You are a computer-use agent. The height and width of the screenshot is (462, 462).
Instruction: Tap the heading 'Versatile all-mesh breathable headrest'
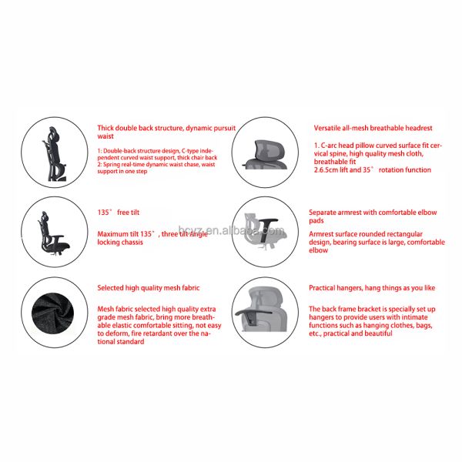click(373, 128)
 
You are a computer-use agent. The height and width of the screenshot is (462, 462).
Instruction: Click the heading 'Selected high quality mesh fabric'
click(148, 288)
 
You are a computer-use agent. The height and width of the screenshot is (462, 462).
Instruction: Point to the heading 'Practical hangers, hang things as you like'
click(372, 288)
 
